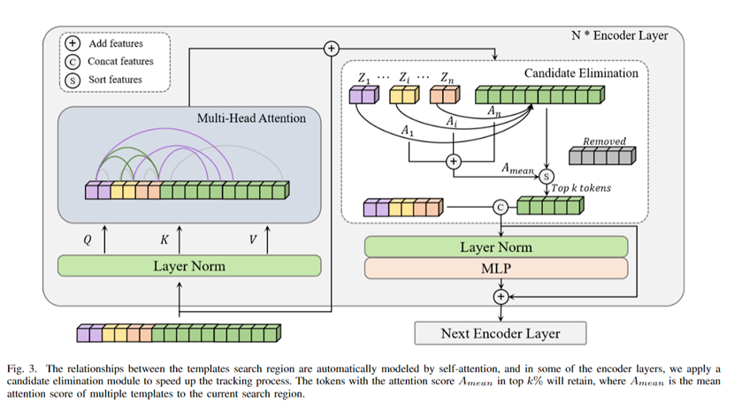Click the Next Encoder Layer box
point(501,333)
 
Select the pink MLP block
point(495,269)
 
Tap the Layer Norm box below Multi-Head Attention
point(189,265)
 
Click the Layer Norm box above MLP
point(495,247)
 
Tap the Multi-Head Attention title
point(252,118)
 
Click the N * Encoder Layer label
point(620,35)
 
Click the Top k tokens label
point(580,188)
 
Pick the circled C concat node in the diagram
point(500,208)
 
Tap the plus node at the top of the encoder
point(332,49)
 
